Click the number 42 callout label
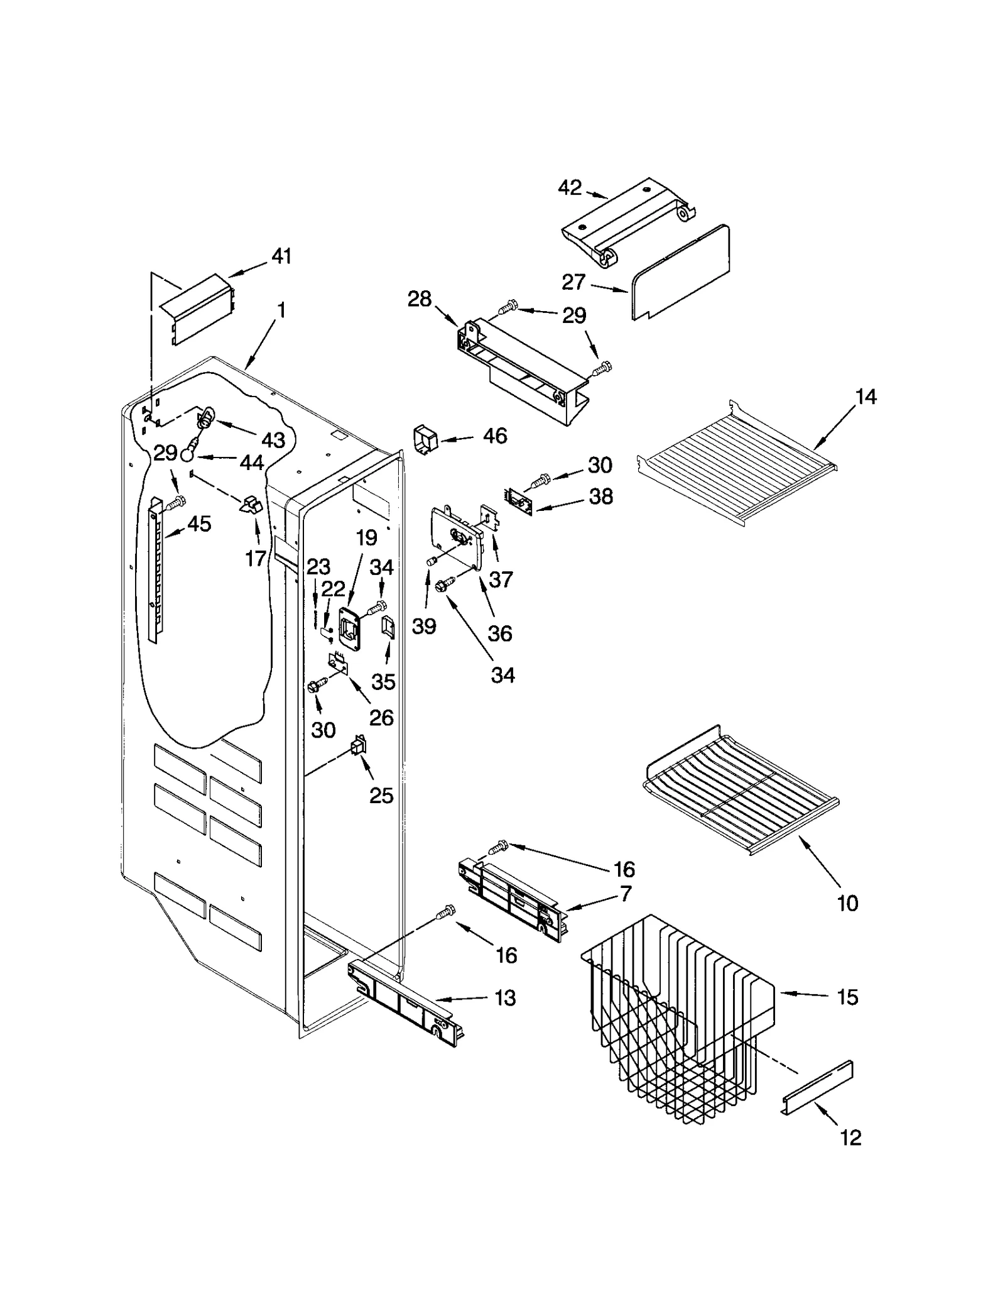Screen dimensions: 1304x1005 (x=570, y=188)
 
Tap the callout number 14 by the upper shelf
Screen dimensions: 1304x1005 (x=866, y=397)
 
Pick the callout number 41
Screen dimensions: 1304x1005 (x=281, y=256)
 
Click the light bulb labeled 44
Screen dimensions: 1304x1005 (x=190, y=454)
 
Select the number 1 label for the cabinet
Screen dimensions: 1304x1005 (x=281, y=310)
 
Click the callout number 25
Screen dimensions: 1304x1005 (x=381, y=796)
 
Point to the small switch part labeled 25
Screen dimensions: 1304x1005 (x=359, y=746)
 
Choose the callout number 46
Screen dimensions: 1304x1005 (x=495, y=436)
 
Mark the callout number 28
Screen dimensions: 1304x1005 (x=419, y=299)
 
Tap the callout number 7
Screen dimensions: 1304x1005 (x=625, y=894)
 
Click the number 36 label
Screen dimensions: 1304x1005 (x=500, y=633)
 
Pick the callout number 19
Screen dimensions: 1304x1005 (x=366, y=537)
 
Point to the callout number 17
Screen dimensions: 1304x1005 (x=256, y=558)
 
